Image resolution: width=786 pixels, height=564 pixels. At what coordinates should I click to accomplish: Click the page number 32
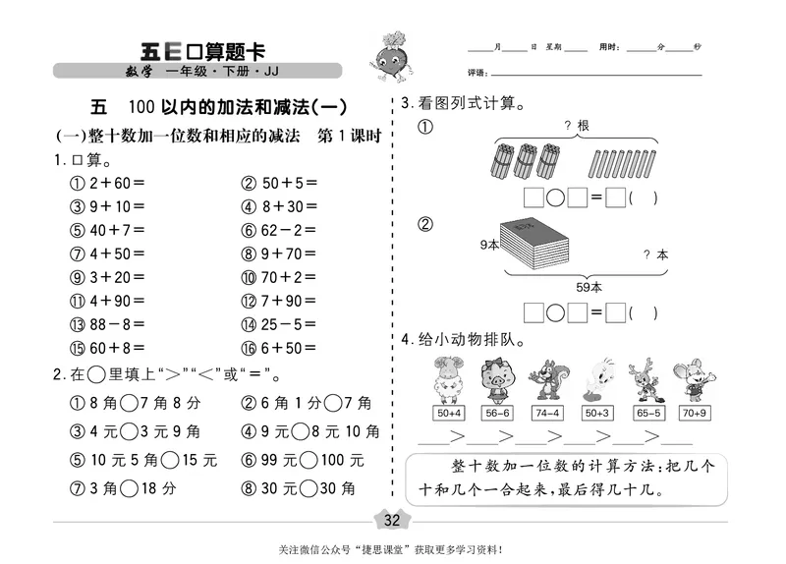[x=393, y=519]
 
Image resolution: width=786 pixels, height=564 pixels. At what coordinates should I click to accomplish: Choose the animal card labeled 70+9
[x=694, y=414]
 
